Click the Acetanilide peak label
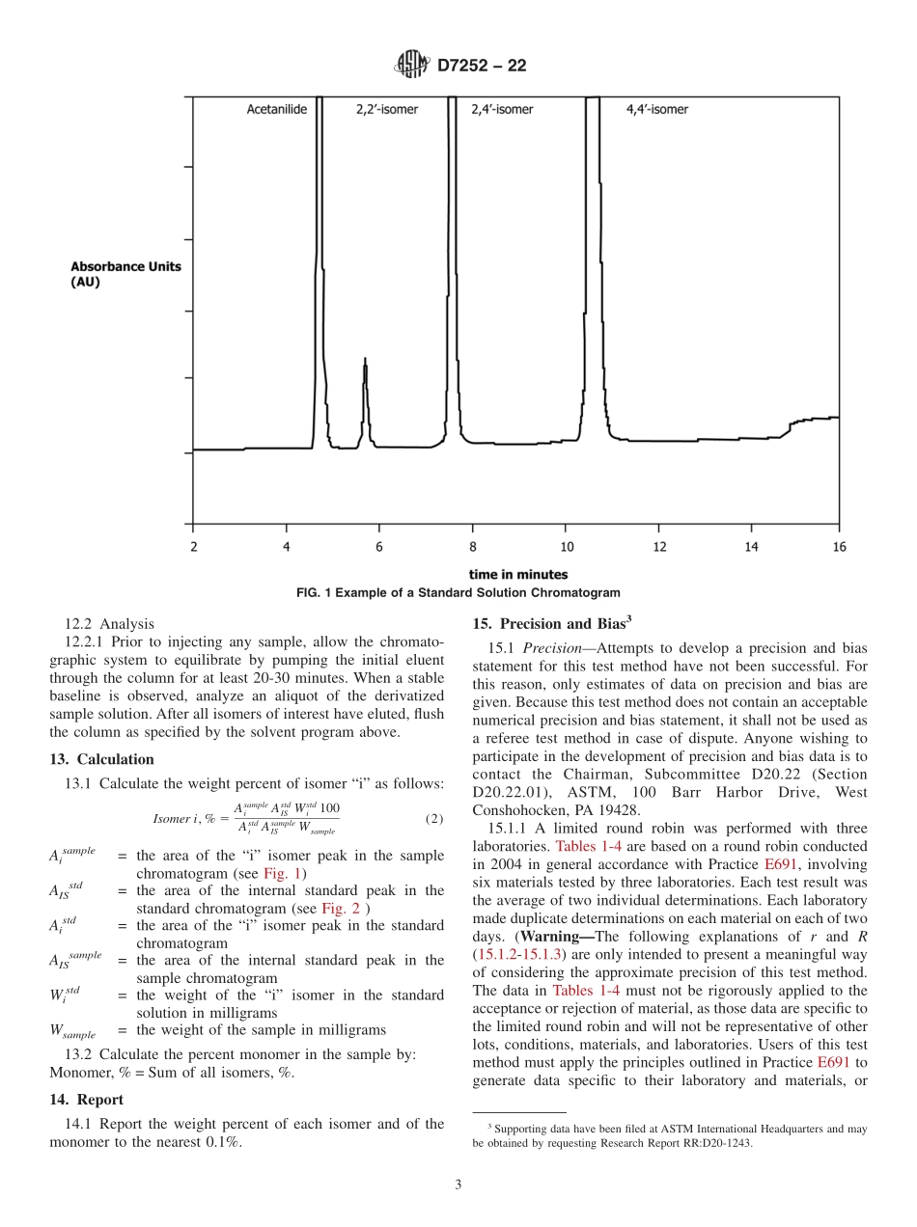tap(276, 110)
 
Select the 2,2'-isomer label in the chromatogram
tap(387, 110)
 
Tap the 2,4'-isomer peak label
tap(502, 110)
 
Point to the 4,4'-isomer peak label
tap(657, 110)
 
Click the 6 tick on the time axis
tap(379, 547)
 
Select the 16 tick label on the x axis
tap(838, 547)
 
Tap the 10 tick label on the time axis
tap(567, 547)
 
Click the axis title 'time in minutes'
tap(518, 575)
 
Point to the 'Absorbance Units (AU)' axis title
tap(125, 274)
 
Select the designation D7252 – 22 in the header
tap(483, 67)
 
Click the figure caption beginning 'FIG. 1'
tap(458, 592)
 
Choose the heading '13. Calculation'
tap(101, 759)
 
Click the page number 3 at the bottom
tap(458, 1186)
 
